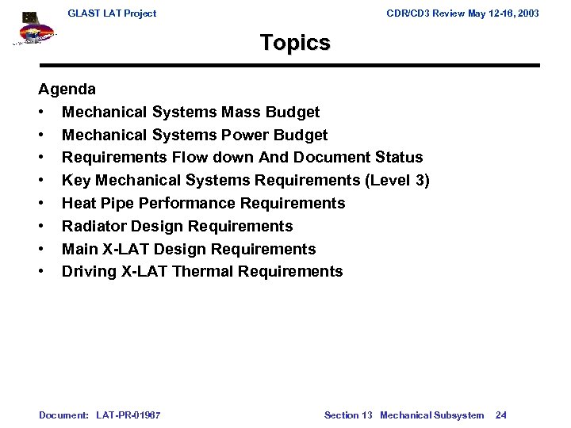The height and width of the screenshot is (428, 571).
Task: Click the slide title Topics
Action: point(295,43)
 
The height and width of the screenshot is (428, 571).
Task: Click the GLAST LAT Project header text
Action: point(112,13)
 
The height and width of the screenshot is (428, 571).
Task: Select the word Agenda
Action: point(67,90)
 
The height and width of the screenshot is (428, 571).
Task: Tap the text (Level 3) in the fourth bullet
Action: point(397,181)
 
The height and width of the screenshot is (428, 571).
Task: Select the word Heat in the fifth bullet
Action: point(79,204)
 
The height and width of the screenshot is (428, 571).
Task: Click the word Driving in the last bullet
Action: point(90,272)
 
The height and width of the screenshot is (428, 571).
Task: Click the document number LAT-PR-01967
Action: point(128,415)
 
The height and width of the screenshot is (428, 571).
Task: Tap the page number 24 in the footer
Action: point(501,415)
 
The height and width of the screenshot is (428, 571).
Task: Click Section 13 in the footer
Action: point(348,415)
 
